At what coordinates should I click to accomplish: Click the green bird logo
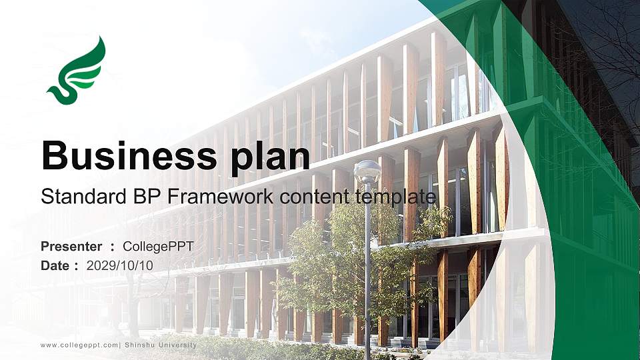coord(77,72)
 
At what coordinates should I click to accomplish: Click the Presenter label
coord(71,247)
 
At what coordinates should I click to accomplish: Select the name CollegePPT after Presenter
coord(158,247)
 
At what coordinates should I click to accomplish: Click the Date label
coord(55,265)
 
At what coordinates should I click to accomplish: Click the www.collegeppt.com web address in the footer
coord(79,345)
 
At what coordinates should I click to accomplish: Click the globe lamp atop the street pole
coord(367,172)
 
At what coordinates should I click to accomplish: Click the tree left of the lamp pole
coord(320,260)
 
